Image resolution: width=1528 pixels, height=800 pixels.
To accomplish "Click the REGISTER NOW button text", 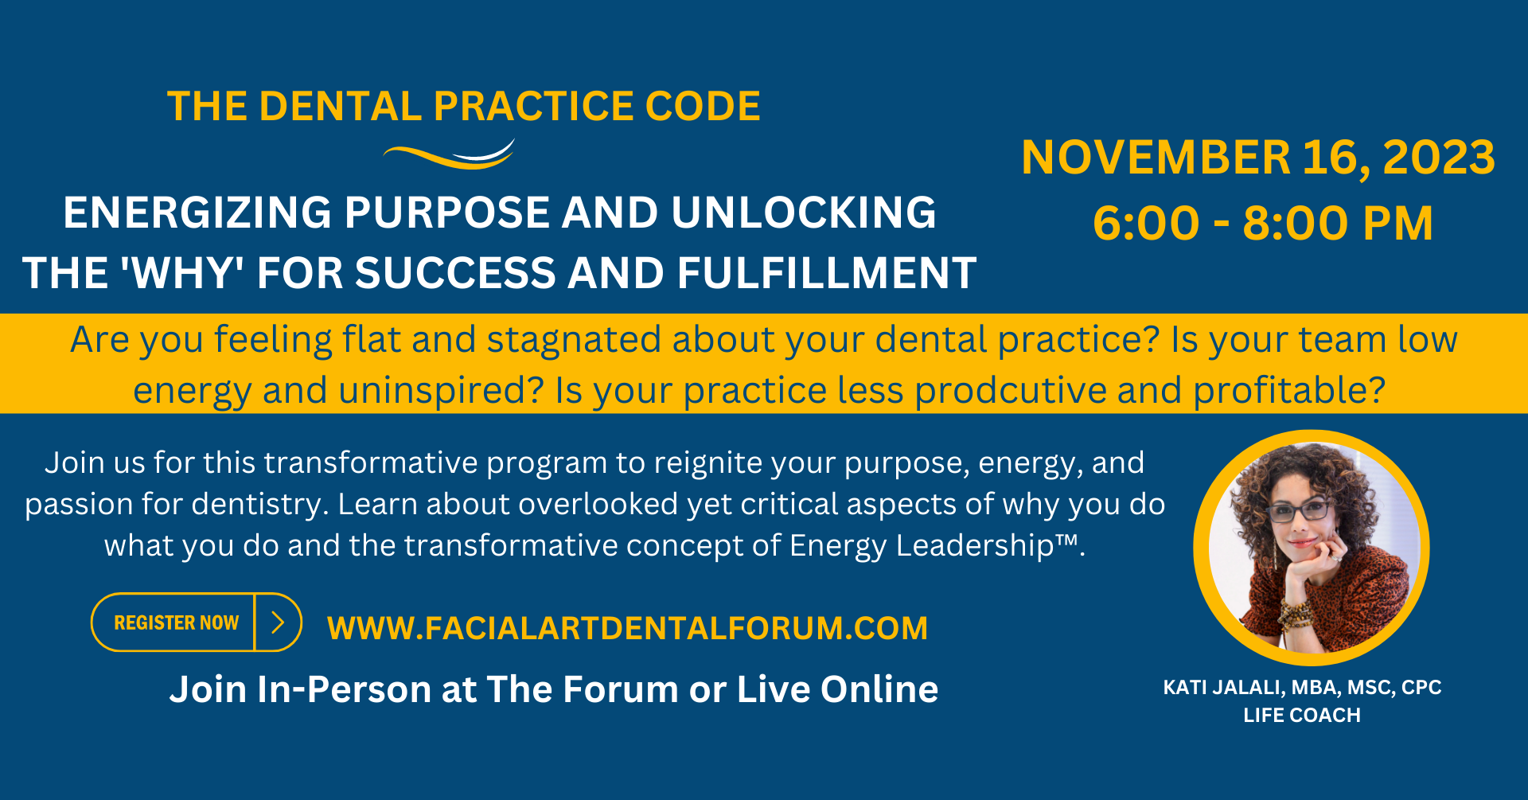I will (176, 622).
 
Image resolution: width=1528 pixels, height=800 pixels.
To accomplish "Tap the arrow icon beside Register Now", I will (278, 622).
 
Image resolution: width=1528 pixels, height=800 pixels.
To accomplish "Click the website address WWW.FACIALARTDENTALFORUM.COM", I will (627, 628).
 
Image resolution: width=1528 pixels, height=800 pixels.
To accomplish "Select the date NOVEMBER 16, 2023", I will (1258, 157).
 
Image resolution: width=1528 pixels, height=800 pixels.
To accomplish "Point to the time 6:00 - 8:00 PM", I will (1263, 223).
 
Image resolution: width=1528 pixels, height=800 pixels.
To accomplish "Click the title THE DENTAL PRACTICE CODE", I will (464, 107).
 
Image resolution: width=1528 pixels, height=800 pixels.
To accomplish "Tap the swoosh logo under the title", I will (450, 154).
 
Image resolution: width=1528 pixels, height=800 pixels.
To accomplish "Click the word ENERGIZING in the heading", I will (197, 213).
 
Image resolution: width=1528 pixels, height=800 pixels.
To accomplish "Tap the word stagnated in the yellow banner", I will (574, 340).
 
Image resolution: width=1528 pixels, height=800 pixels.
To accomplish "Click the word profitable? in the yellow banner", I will (1289, 390).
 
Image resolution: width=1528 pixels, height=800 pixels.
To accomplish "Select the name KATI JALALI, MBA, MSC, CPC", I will (1302, 687).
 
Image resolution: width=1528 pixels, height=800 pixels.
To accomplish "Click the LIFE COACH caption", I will (1302, 715).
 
